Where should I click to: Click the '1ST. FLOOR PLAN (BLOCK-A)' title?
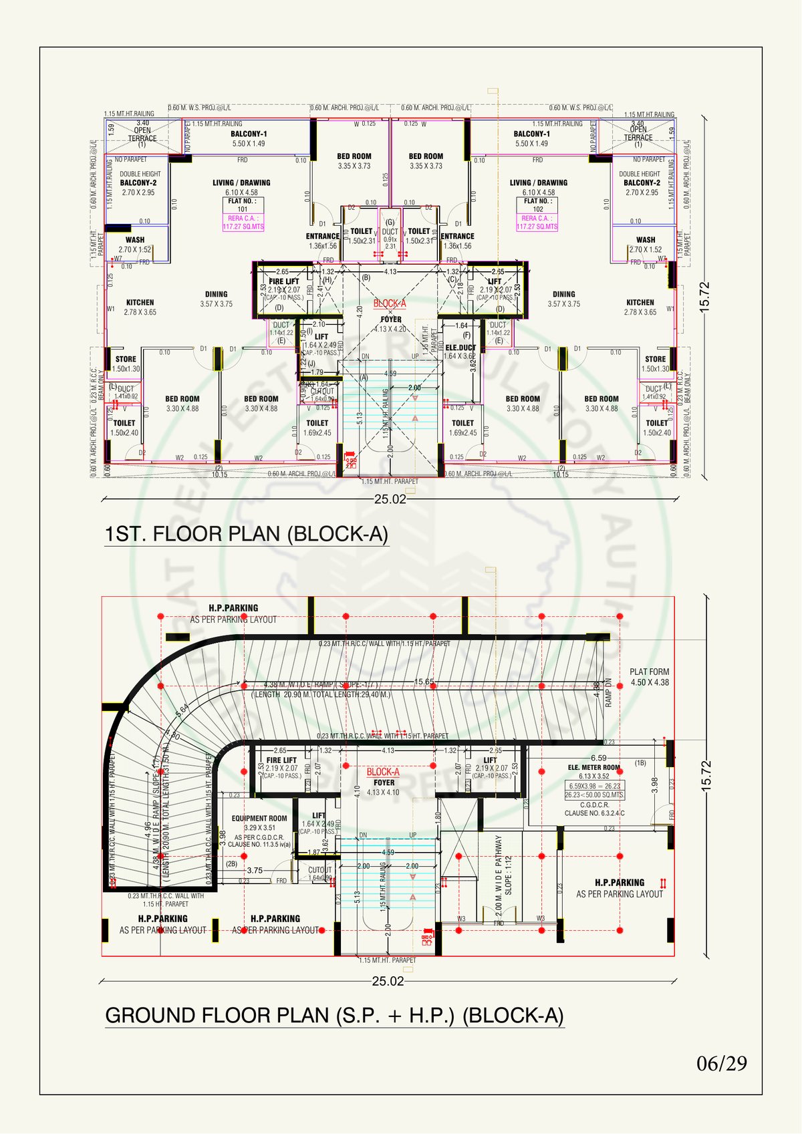tap(246, 535)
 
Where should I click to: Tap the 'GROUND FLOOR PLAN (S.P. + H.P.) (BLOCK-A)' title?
tap(334, 1016)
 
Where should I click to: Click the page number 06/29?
tap(722, 1064)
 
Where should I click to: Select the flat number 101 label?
tap(243, 205)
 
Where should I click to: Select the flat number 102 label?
tap(538, 205)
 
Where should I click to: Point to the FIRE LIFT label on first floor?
tap(284, 281)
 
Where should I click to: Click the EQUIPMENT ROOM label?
tap(259, 819)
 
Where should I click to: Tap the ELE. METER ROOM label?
tap(593, 768)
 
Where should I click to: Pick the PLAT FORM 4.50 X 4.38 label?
tap(649, 677)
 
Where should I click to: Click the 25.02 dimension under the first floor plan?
tap(390, 499)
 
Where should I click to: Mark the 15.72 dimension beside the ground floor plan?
tap(706, 775)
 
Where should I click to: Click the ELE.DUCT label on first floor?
tap(460, 347)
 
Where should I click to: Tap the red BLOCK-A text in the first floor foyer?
tap(390, 303)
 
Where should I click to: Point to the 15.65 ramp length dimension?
tap(424, 682)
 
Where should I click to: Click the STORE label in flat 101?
tap(126, 360)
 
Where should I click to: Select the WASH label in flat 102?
tap(646, 240)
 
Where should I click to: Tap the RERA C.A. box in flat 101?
tap(243, 223)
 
